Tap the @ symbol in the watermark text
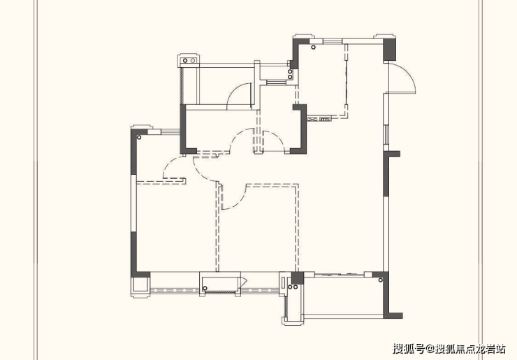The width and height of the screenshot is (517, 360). tap(430, 349)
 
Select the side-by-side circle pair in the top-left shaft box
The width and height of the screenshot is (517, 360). tap(189, 61)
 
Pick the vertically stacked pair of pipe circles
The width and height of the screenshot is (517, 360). tap(290, 74)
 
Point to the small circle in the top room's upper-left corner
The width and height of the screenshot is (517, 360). tap(313, 48)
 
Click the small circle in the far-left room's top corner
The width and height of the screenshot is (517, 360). tap(139, 137)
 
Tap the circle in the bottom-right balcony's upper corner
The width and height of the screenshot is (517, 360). tap(381, 280)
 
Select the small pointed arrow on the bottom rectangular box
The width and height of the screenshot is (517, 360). tap(244, 282)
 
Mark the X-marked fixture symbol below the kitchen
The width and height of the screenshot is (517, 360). tap(312, 119)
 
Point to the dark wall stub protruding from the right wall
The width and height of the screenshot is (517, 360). tap(394, 154)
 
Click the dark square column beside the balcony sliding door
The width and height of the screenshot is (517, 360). tap(297, 278)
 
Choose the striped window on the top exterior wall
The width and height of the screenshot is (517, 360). tap(333, 41)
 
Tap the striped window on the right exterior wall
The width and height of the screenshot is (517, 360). tap(386, 135)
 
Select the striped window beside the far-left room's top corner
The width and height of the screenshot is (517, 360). tap(170, 132)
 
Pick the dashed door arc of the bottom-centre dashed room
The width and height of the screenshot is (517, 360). tap(234, 197)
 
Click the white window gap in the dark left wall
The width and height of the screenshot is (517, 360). tap(133, 203)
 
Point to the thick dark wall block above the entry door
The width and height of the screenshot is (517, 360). tap(389, 50)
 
